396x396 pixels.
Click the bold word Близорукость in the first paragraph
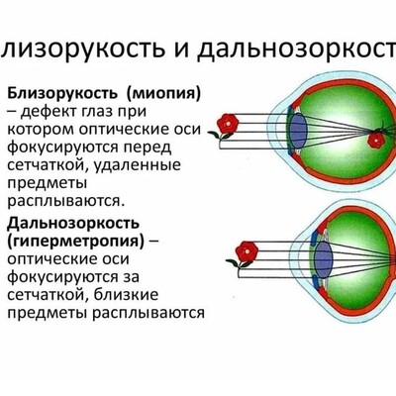coord(62,94)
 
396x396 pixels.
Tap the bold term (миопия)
coord(163,95)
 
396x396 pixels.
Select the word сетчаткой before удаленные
coord(48,165)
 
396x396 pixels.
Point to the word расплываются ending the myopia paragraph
coord(66,202)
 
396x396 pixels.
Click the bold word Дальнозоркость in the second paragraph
coord(73,225)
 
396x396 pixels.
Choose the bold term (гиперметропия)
coord(75,243)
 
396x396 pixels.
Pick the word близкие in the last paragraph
coord(126,295)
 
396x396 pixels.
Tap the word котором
coord(40,130)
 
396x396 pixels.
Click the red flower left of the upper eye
coord(227,123)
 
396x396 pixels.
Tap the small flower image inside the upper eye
coord(376,141)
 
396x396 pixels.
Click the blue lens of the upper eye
coord(299,131)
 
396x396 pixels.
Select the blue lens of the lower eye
coord(323,261)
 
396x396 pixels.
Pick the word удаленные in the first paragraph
coord(138,165)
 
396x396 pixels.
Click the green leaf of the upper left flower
coord(214,134)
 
